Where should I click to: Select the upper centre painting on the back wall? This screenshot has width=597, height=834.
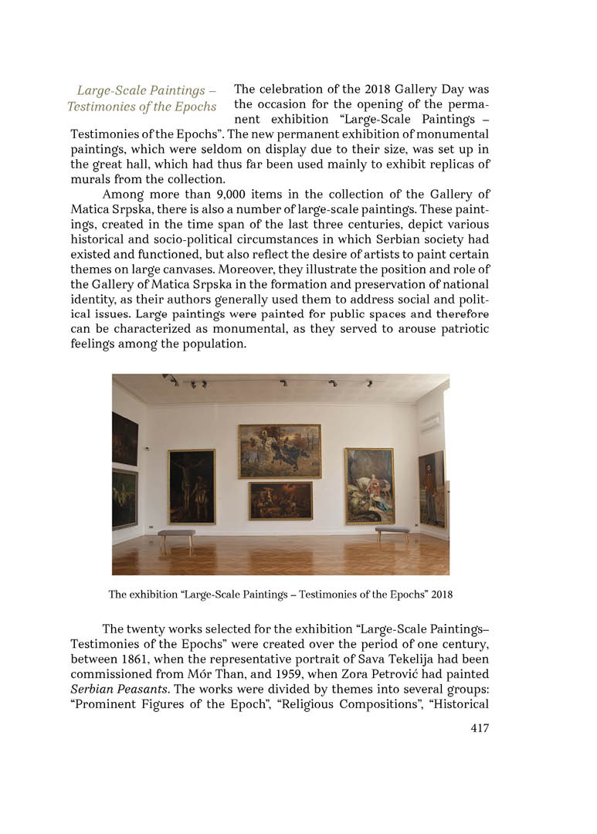click(x=279, y=450)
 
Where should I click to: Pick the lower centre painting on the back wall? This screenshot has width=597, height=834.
click(x=280, y=500)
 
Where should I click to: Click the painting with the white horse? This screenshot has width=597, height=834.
click(x=368, y=486)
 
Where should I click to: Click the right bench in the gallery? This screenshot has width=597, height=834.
click(x=392, y=531)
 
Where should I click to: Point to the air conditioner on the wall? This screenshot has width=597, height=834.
click(x=429, y=422)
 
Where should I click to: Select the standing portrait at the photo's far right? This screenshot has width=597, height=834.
click(x=431, y=488)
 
